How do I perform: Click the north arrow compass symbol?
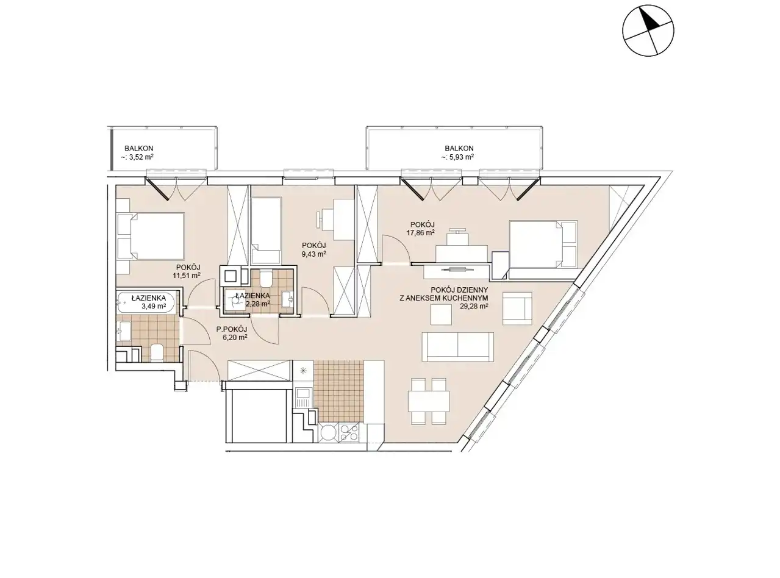(x=648, y=30)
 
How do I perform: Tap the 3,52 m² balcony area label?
(x=137, y=157)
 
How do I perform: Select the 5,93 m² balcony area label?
(x=457, y=157)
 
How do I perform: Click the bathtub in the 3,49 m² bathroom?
(x=146, y=302)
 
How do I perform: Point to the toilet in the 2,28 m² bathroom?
(x=267, y=279)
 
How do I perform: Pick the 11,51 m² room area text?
(x=187, y=276)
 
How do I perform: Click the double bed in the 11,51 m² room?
(x=151, y=236)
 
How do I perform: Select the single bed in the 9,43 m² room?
(x=267, y=230)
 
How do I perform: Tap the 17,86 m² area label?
(x=423, y=232)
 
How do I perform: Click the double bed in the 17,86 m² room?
(x=543, y=245)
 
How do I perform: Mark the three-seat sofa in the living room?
(x=457, y=347)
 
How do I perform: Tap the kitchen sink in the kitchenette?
(x=302, y=396)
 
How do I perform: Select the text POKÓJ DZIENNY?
(x=459, y=290)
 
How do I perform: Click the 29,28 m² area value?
(x=474, y=306)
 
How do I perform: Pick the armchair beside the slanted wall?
(x=517, y=309)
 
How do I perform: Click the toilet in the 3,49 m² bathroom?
(x=157, y=352)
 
